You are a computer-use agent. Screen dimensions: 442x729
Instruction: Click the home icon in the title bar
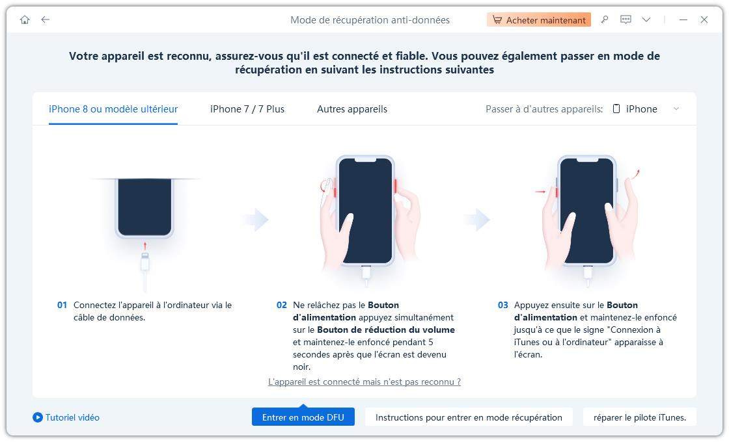point(25,20)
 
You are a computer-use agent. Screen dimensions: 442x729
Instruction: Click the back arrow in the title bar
point(45,20)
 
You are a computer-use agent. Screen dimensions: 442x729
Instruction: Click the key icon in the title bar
point(605,20)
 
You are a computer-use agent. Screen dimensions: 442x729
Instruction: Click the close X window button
point(704,20)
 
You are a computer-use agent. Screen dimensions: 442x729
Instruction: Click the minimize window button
point(683,20)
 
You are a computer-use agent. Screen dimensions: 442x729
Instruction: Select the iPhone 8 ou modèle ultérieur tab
point(113,109)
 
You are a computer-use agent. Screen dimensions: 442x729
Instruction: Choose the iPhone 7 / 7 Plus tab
point(247,109)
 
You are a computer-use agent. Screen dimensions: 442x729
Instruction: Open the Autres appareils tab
point(352,109)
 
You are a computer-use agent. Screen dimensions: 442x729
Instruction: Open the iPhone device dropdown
point(646,109)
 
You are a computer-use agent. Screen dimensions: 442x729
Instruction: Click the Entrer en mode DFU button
point(303,417)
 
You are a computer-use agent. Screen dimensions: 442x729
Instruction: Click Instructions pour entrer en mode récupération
point(469,417)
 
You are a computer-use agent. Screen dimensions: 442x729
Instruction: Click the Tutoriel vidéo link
point(66,417)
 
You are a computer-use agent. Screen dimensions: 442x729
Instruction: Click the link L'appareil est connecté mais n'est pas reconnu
point(364,382)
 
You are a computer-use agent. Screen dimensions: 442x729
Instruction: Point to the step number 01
point(62,305)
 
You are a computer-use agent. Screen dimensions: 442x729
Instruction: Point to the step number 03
point(503,305)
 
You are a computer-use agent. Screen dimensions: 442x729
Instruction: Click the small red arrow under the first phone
point(144,246)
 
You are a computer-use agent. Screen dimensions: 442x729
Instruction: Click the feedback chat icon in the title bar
point(626,20)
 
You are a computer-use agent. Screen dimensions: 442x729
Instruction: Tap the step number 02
point(282,305)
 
